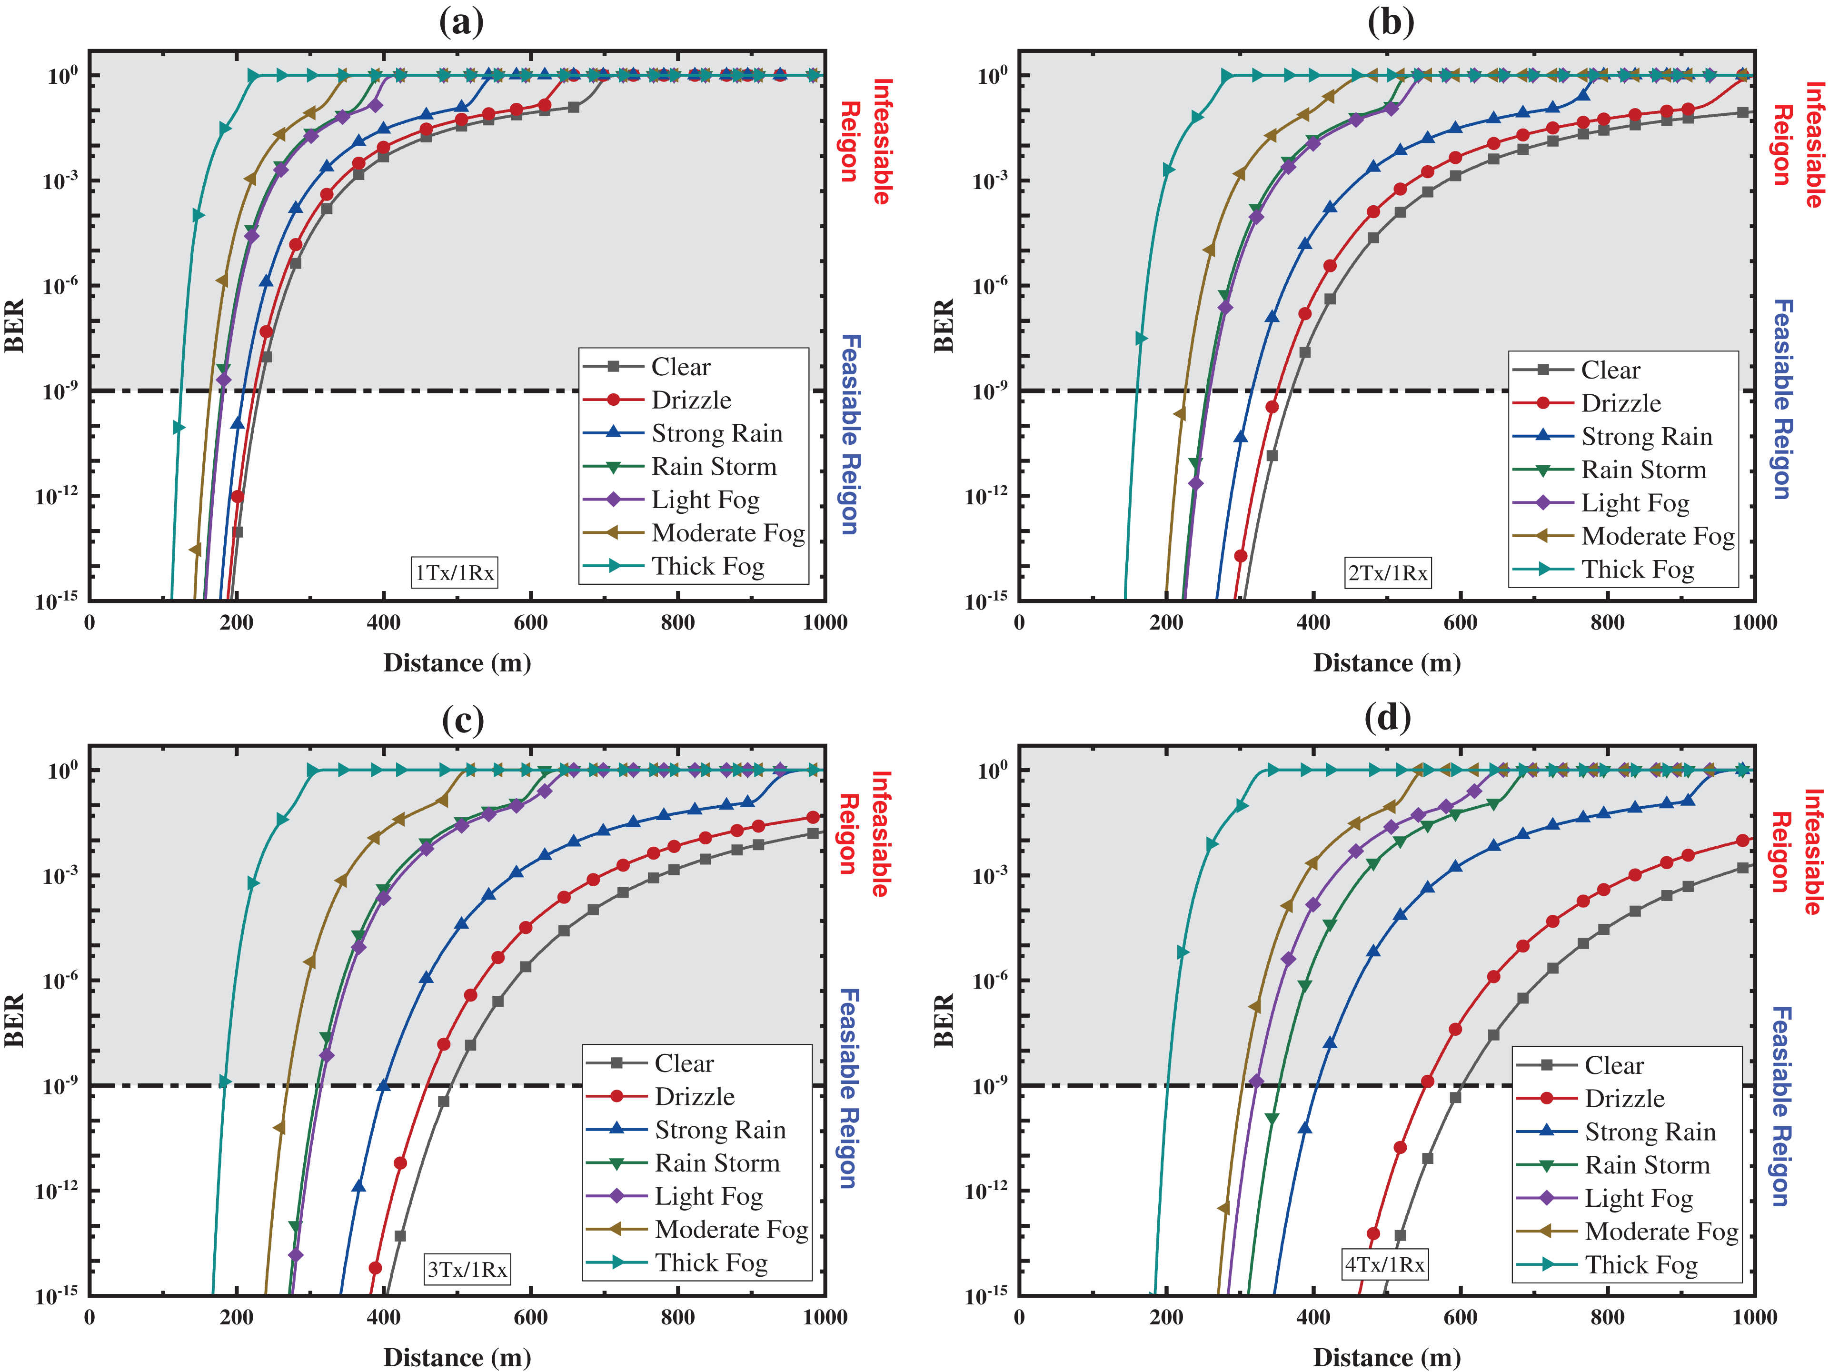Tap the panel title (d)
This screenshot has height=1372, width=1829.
point(1388,717)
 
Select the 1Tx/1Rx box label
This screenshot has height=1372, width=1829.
point(455,572)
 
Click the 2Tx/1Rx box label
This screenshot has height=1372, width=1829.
point(1388,572)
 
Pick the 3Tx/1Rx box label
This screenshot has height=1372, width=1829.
point(467,1269)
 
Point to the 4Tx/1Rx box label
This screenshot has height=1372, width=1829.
point(1385,1264)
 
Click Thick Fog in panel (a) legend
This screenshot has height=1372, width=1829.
point(708,567)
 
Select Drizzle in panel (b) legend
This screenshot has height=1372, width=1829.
point(1620,403)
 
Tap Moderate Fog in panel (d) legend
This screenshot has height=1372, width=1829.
point(1661,1232)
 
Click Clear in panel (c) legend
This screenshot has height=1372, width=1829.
point(684,1063)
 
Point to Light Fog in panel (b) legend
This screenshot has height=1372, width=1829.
point(1635,503)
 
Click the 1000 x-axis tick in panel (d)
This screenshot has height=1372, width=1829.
point(1754,1317)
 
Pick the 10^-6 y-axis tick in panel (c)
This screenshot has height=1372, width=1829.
point(60,980)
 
